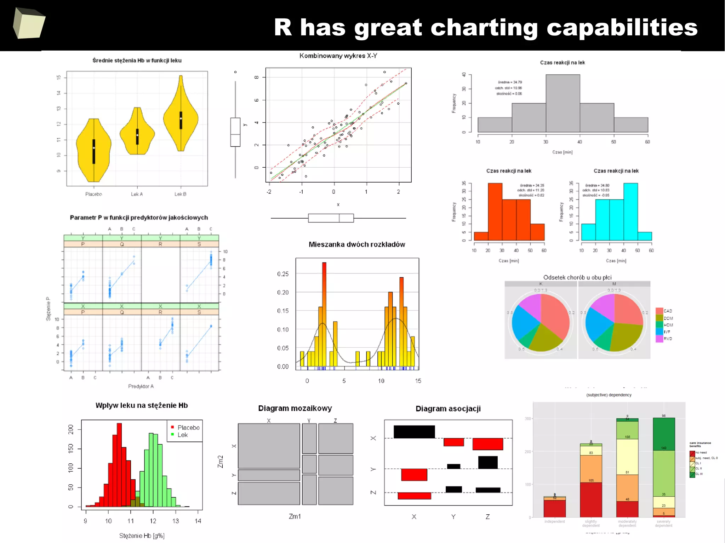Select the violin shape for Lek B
pyautogui.click(x=181, y=117)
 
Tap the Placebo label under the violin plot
pyautogui.click(x=93, y=194)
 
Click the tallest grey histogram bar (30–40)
pyautogui.click(x=563, y=103)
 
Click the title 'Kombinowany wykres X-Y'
pyautogui.click(x=338, y=56)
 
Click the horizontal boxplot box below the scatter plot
pyautogui.click(x=331, y=218)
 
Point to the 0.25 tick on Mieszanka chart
pyautogui.click(x=283, y=274)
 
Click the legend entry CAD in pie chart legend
pyautogui.click(x=668, y=311)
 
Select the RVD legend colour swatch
pyautogui.click(x=659, y=339)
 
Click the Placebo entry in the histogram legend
pyautogui.click(x=188, y=428)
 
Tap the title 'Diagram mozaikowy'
pyautogui.click(x=295, y=408)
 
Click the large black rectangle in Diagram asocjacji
pyautogui.click(x=414, y=432)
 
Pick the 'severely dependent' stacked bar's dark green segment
pyautogui.click(x=663, y=434)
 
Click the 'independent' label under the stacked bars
pyautogui.click(x=554, y=521)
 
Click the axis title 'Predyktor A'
pyautogui.click(x=141, y=386)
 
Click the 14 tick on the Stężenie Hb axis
pyautogui.click(x=198, y=521)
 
